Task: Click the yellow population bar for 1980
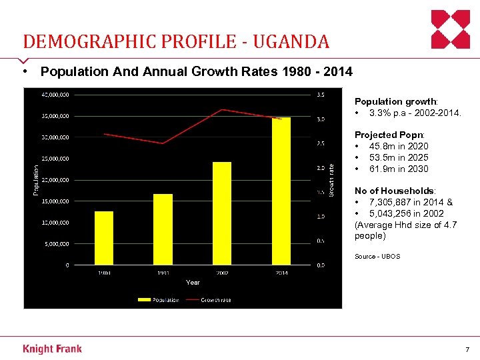coord(104,238)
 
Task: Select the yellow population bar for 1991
coord(163,229)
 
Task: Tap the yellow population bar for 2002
coord(222,213)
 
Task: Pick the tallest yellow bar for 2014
coord(281,191)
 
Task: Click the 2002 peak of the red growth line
coord(222,109)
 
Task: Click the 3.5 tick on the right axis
coord(321,95)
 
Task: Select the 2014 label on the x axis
coord(281,273)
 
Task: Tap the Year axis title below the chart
coord(193,283)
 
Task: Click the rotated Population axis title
coord(36,180)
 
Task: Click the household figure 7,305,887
coord(393,202)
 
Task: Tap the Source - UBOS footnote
coord(377,257)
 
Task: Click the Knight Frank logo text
coord(52,349)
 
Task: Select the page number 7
coord(467,350)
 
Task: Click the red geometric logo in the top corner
coord(451,29)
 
